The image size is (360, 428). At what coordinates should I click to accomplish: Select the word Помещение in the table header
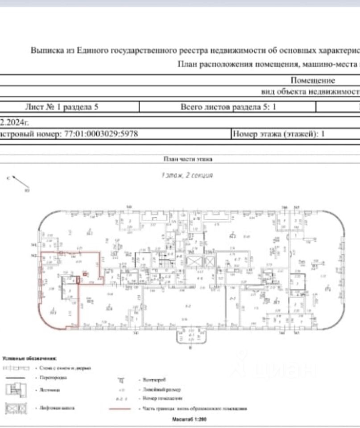point(312,81)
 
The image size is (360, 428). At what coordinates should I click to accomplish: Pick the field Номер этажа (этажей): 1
point(278,134)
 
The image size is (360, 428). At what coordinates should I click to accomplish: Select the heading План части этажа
point(188,159)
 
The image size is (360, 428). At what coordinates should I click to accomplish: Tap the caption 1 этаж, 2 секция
point(187,176)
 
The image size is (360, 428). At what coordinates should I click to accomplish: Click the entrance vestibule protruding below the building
point(191,335)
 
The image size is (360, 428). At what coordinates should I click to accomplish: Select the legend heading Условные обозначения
point(29,358)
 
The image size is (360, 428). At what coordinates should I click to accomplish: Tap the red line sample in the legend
point(120,408)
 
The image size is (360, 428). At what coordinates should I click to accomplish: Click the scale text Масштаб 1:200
point(189,420)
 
